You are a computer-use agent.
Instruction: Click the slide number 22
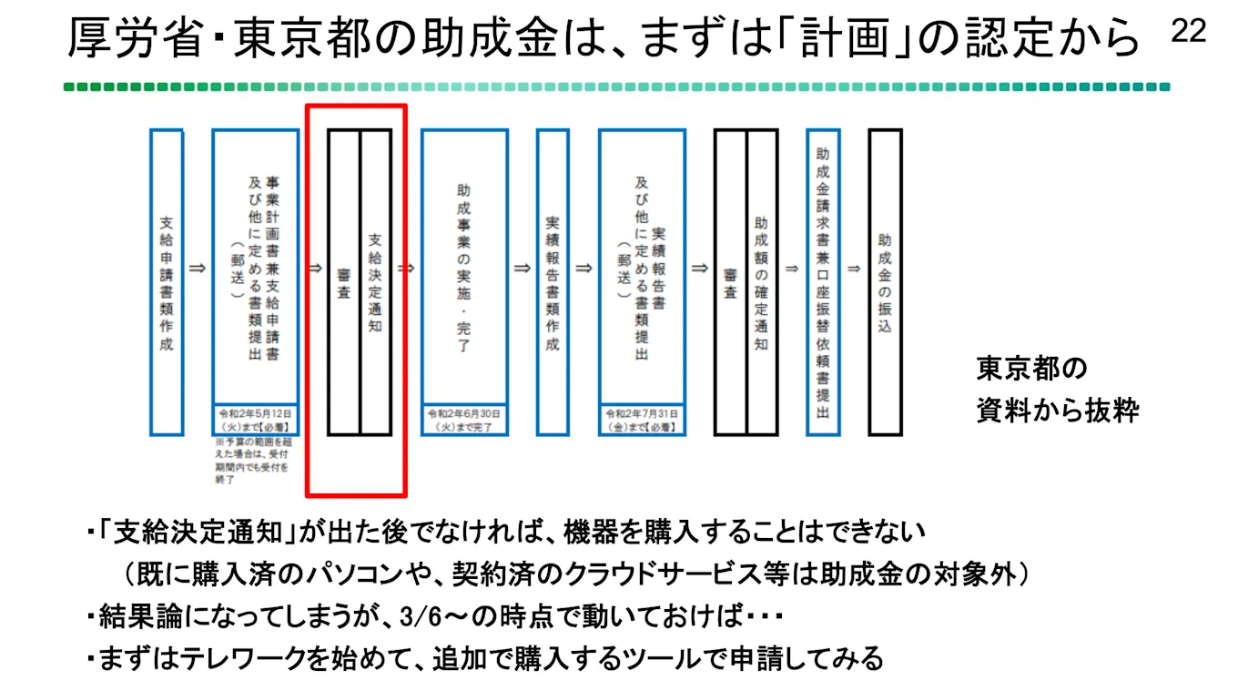(x=1188, y=32)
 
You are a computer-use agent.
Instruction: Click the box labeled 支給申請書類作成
(x=167, y=282)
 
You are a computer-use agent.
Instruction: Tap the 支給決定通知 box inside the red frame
(x=376, y=282)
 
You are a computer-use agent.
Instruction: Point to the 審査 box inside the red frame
(x=344, y=282)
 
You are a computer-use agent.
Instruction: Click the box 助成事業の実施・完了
(x=464, y=269)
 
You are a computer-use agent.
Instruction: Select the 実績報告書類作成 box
(x=553, y=282)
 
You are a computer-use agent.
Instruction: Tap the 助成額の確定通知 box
(x=762, y=282)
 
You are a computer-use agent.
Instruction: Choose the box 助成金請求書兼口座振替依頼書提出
(x=823, y=282)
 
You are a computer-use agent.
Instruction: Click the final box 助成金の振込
(x=885, y=282)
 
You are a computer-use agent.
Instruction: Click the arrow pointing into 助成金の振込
(x=854, y=269)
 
